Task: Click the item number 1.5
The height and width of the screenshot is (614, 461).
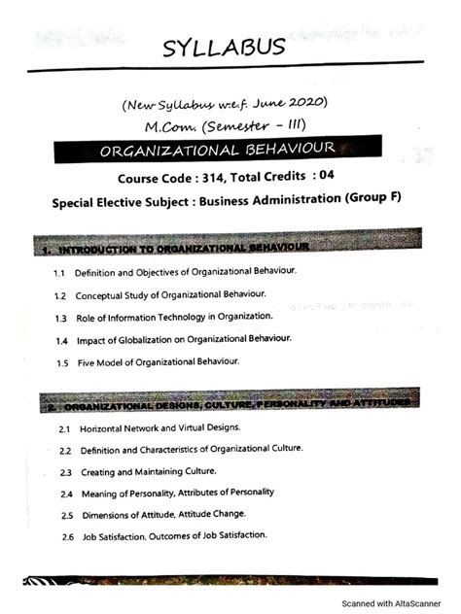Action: click(61, 362)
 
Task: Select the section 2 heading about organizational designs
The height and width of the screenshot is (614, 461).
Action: click(228, 402)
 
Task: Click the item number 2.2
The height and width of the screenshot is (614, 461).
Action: click(65, 450)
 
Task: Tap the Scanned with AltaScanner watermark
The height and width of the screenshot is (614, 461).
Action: click(397, 601)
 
